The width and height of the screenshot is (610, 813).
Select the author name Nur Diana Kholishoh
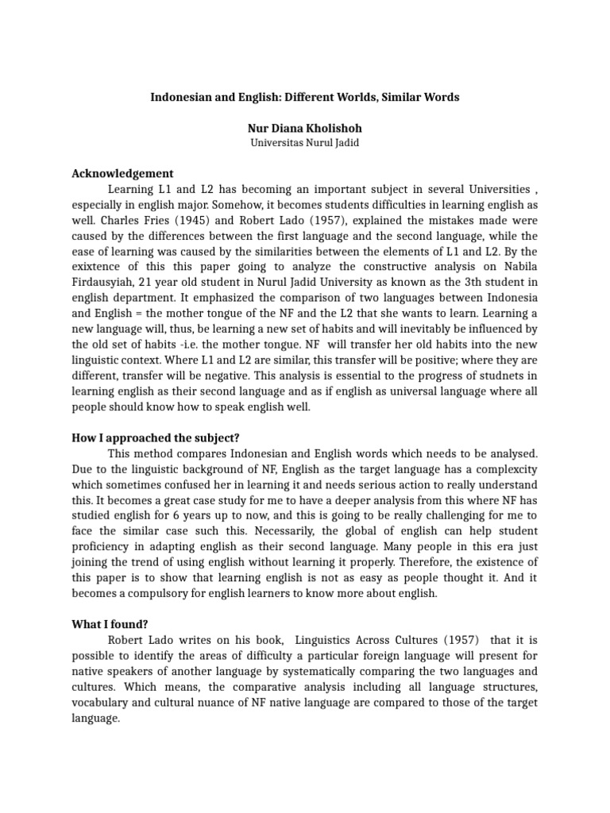pyautogui.click(x=305, y=128)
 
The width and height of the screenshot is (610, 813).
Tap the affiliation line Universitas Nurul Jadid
pyautogui.click(x=305, y=143)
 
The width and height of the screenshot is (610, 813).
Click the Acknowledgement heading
pyautogui.click(x=122, y=174)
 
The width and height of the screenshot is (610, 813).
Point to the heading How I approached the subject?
pyautogui.click(x=156, y=437)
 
